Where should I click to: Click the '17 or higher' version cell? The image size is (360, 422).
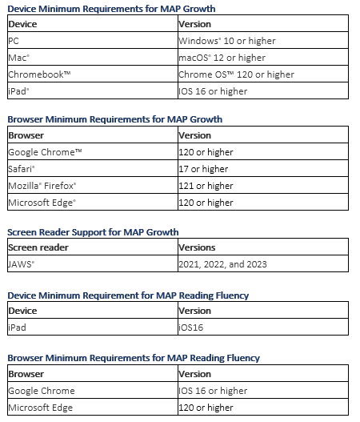coord(203,169)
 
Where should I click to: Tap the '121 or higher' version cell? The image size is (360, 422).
coord(206,186)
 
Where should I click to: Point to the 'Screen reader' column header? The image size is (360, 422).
coord(38,247)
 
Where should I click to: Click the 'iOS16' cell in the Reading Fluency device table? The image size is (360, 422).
coord(194,327)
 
